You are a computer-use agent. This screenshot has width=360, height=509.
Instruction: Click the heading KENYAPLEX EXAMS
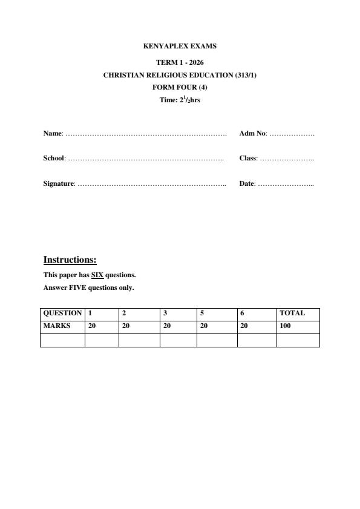click(180, 46)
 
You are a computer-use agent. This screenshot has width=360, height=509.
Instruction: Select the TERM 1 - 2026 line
click(180, 62)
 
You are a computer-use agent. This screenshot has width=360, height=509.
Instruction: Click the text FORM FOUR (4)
click(180, 87)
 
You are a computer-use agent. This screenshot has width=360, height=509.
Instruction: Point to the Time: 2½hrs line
click(180, 100)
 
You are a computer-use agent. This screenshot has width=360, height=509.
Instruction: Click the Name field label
click(53, 133)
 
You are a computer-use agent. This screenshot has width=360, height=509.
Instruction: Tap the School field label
click(54, 159)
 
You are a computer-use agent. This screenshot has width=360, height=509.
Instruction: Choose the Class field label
click(248, 159)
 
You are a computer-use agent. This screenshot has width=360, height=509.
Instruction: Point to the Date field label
click(247, 183)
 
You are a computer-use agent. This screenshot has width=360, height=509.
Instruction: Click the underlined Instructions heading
click(70, 260)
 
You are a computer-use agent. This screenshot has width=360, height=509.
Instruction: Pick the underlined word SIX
click(97, 275)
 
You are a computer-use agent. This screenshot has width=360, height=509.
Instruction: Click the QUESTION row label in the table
click(62, 314)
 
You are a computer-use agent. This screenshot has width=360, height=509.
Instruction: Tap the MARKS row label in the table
click(57, 326)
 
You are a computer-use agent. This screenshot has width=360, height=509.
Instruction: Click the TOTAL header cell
click(292, 314)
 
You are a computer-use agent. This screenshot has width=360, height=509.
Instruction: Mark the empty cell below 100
click(298, 340)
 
